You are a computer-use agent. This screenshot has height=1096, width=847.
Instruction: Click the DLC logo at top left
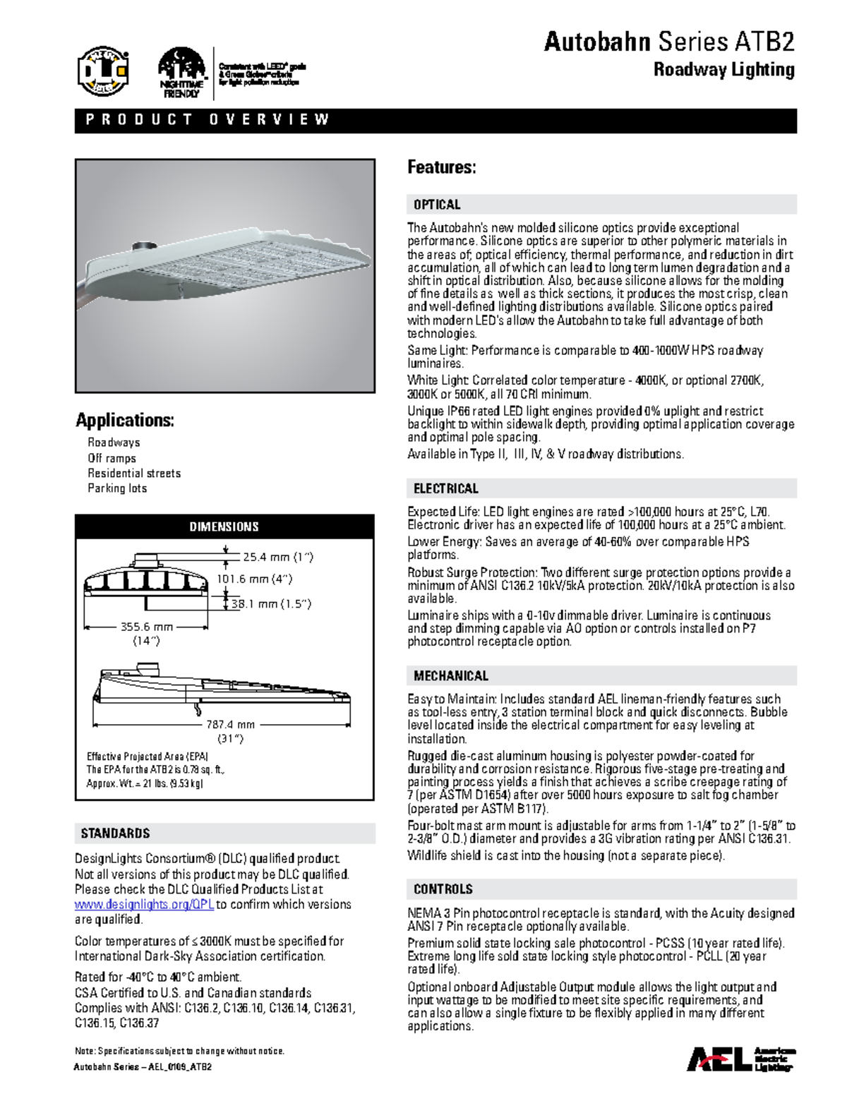point(103,71)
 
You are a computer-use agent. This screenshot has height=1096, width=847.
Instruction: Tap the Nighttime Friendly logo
point(181,72)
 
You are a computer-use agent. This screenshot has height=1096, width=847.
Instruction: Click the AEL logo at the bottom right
point(741,1059)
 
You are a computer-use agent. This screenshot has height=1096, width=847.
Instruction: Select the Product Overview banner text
point(208,120)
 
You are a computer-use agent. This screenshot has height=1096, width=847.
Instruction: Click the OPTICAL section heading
point(437,205)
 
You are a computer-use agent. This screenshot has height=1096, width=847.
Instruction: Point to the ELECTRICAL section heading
point(445,488)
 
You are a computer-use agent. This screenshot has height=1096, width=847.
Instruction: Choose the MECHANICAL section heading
point(450,676)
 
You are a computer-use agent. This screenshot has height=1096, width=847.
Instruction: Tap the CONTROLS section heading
point(443,889)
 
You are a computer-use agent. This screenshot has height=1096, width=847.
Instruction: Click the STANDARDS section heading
point(115,833)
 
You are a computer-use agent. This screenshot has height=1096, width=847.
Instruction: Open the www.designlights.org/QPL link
point(144,904)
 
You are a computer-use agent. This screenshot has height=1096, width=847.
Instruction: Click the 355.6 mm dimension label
point(146,627)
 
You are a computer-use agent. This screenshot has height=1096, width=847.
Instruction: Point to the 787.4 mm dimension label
point(230,725)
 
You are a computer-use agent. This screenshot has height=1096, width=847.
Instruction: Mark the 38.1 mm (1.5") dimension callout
point(271,604)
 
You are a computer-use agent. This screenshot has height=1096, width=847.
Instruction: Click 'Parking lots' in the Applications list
point(117,488)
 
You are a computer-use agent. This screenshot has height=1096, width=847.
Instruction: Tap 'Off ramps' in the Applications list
point(112,458)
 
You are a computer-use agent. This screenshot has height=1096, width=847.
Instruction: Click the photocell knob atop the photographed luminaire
point(145,246)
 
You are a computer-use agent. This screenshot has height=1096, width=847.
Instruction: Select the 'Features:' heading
point(441,167)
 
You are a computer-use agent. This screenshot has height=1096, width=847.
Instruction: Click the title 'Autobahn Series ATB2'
point(668,42)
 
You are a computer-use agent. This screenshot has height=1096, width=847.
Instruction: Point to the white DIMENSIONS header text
point(224,526)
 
